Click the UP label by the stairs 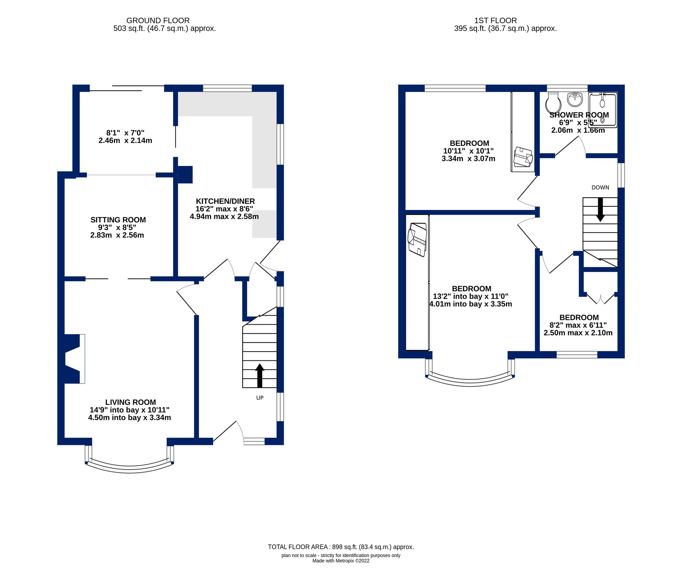click(x=260, y=397)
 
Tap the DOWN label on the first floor click(x=600, y=188)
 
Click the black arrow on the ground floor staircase click(x=260, y=375)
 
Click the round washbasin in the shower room click(x=575, y=99)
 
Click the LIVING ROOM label click(x=130, y=402)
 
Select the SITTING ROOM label click(x=118, y=220)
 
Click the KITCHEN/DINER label click(x=225, y=201)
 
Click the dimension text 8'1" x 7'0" click(x=125, y=133)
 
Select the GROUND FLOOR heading click(x=158, y=20)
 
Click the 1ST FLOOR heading click(x=495, y=20)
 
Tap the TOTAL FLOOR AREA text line click(x=341, y=547)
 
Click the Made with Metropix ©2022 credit click(x=341, y=561)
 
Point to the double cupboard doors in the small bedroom click(x=600, y=298)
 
